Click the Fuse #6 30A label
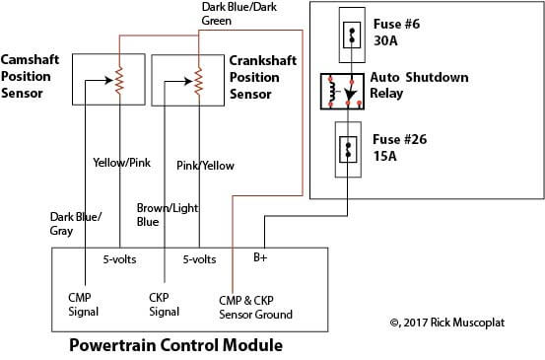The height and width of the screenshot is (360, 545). point(397,31)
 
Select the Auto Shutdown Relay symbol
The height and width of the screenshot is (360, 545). point(340,92)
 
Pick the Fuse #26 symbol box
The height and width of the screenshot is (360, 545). point(348,149)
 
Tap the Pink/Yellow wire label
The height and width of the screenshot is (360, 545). point(205,166)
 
